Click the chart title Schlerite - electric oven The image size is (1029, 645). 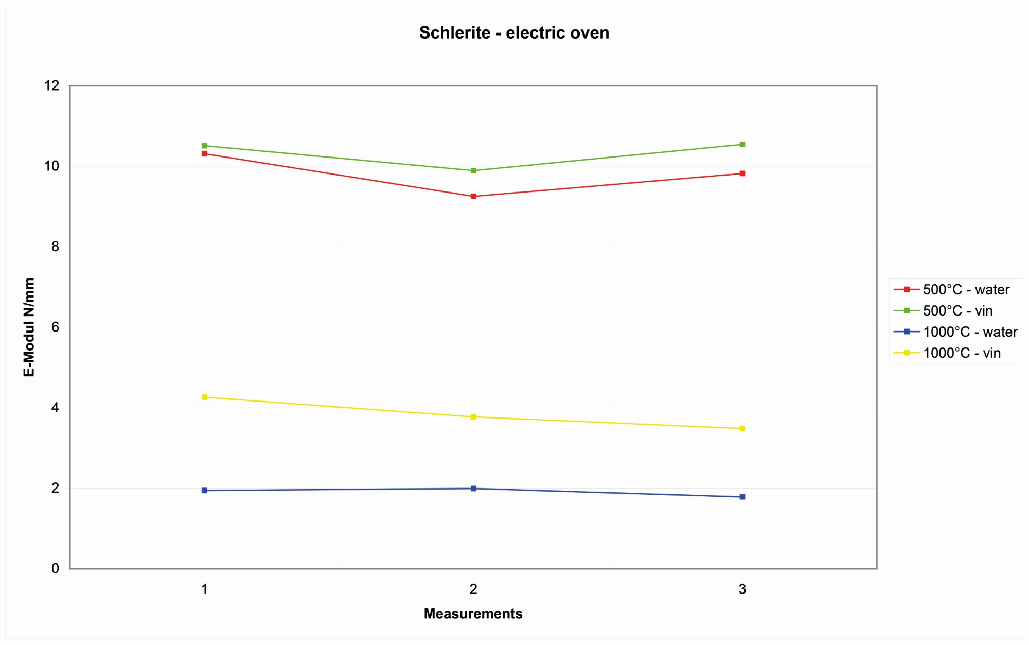514,33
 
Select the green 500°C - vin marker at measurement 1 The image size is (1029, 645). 204,146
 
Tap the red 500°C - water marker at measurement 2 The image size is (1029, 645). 473,196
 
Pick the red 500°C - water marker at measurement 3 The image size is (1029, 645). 742,173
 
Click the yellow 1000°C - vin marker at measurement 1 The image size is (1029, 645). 204,397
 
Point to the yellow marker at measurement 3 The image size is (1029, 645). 742,428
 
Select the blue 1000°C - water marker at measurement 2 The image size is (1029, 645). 473,489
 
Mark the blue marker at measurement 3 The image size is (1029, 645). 742,497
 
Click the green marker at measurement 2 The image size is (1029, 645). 473,170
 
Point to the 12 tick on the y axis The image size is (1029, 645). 52,85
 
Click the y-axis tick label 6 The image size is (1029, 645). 55,327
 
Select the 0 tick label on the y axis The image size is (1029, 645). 55,569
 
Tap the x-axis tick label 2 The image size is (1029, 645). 473,589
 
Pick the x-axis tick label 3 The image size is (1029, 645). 742,589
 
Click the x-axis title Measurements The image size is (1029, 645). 473,614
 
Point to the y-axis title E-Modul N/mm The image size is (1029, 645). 29,327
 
